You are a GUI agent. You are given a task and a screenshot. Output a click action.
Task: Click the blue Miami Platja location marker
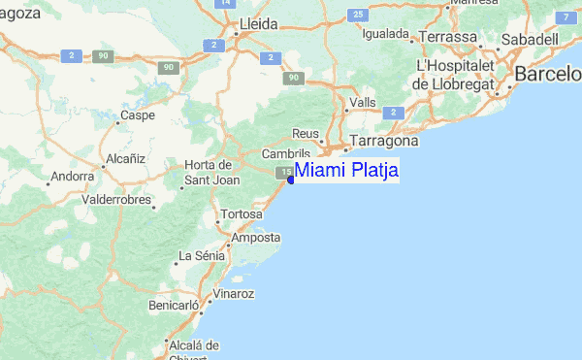pos(291,180)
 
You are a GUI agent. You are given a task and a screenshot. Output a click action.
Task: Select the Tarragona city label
pos(383,141)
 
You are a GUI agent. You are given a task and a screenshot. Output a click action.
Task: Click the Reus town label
pos(306,134)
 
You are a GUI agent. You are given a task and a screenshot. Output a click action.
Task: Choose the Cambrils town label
pos(286,154)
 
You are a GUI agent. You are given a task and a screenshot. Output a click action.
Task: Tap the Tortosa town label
pos(242,213)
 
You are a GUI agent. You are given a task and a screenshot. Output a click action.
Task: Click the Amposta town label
pos(256,237)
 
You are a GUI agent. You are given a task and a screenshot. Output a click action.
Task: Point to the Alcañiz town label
pos(125,157)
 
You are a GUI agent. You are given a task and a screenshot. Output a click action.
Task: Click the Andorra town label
pos(72,177)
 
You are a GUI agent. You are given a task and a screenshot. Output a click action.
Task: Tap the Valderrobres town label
pos(117,199)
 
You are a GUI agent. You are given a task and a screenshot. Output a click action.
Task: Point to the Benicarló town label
pos(174,305)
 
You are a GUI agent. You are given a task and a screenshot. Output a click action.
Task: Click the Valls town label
pos(363,102)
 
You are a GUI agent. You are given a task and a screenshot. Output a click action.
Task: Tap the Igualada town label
pos(385,33)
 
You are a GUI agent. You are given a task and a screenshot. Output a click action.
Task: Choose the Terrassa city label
pos(449,37)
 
